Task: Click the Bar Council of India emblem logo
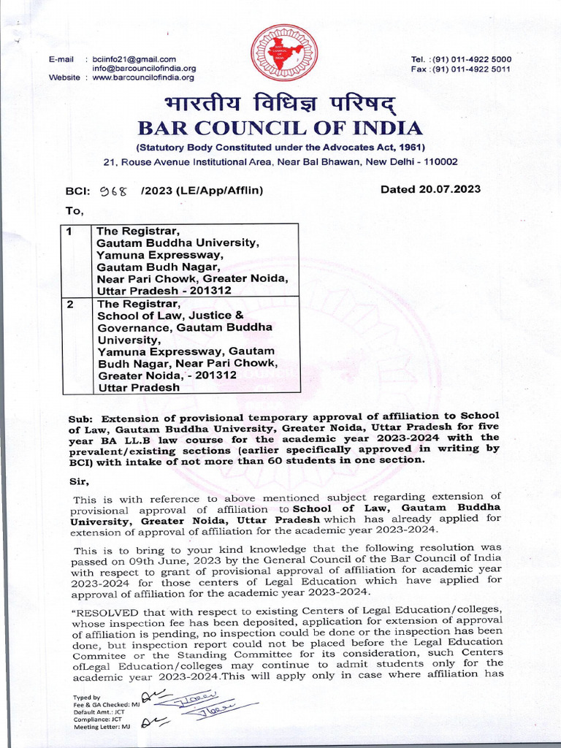click(x=280, y=53)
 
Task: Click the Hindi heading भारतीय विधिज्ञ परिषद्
click(x=281, y=103)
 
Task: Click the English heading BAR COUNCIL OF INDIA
click(x=280, y=129)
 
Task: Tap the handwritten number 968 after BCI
click(x=113, y=191)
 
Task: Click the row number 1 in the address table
click(x=69, y=232)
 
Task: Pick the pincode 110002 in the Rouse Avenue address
click(x=435, y=161)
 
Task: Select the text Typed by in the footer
click(x=87, y=698)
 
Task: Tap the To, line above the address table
click(x=75, y=211)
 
